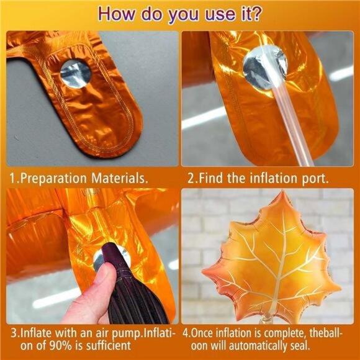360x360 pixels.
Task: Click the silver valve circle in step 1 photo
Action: [76, 74]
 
